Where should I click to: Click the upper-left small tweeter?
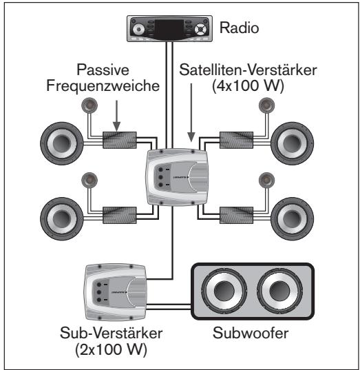pos(89,105)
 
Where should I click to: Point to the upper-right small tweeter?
pos(266,105)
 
